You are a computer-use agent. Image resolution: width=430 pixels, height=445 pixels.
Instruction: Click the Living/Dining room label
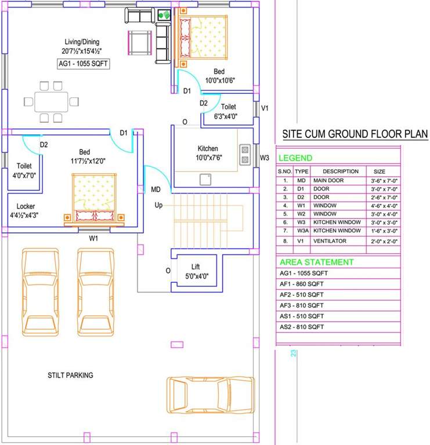pos(82,46)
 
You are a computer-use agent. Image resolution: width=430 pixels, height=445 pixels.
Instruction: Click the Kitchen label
pos(207,149)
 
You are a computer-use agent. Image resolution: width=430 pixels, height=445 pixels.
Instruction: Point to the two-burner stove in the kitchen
pos(245,154)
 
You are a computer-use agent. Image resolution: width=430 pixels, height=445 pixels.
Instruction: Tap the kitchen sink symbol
pos(205,180)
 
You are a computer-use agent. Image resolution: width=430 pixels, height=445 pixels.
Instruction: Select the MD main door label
pos(156,189)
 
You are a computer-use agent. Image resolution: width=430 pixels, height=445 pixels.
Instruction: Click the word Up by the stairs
pos(158,205)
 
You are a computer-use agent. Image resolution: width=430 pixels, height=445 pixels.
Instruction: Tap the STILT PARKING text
pos(70,375)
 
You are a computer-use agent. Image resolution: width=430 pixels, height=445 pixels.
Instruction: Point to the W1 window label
pos(93,238)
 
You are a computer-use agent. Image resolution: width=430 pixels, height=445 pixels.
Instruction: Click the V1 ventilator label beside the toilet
pos(265,108)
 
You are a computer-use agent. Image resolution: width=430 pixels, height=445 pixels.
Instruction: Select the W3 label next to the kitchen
pos(265,158)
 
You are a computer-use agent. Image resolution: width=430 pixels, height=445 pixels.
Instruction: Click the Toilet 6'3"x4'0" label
pos(227,111)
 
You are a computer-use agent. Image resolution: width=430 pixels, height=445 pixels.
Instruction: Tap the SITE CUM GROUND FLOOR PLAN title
pos(355,134)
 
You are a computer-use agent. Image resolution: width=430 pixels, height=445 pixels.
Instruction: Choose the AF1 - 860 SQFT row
pos(301,283)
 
